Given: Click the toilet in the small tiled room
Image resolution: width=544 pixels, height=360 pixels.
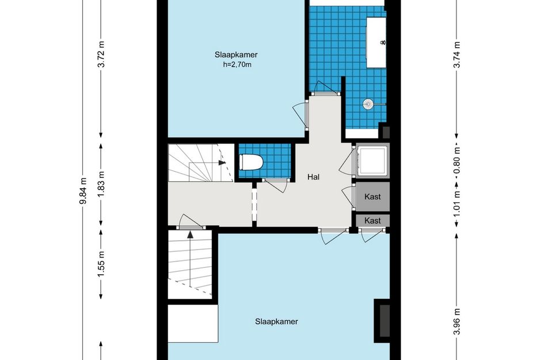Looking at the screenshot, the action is point(251,162).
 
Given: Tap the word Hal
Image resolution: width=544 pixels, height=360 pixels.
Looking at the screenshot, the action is point(313,177).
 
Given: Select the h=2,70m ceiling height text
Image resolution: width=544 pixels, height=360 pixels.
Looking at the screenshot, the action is point(237,64).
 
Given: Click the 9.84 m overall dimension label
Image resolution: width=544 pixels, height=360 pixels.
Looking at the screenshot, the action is point(83,191).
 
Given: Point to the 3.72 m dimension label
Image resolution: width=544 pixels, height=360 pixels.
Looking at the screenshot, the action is point(101,55).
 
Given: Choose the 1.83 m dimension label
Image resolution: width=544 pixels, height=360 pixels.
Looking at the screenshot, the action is point(101,184).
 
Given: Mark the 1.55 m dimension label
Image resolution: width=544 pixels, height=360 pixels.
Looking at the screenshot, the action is point(101,264).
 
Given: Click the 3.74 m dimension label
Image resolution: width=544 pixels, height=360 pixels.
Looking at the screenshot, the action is point(457,55).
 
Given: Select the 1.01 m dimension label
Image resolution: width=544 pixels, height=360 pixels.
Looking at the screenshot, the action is point(457,203).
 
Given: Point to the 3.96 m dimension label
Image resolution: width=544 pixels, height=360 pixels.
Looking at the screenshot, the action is point(457,321).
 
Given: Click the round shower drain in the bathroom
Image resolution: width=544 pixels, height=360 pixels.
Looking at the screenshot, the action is point(368,104).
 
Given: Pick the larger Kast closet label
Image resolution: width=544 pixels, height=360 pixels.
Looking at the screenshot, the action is point(372,196).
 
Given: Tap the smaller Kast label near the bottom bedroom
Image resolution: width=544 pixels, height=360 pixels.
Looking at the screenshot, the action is point(372,221).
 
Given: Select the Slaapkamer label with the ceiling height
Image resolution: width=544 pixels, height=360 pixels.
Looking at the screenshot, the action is point(236,55).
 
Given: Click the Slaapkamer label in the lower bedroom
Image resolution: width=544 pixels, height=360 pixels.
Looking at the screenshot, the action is point(276,321).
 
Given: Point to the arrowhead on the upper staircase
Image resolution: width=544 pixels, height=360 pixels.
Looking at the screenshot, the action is point(222,162).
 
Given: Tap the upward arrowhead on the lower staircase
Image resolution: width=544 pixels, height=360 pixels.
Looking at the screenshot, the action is point(190,234).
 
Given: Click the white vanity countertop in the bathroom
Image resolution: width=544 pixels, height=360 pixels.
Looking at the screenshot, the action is point(376,43).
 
